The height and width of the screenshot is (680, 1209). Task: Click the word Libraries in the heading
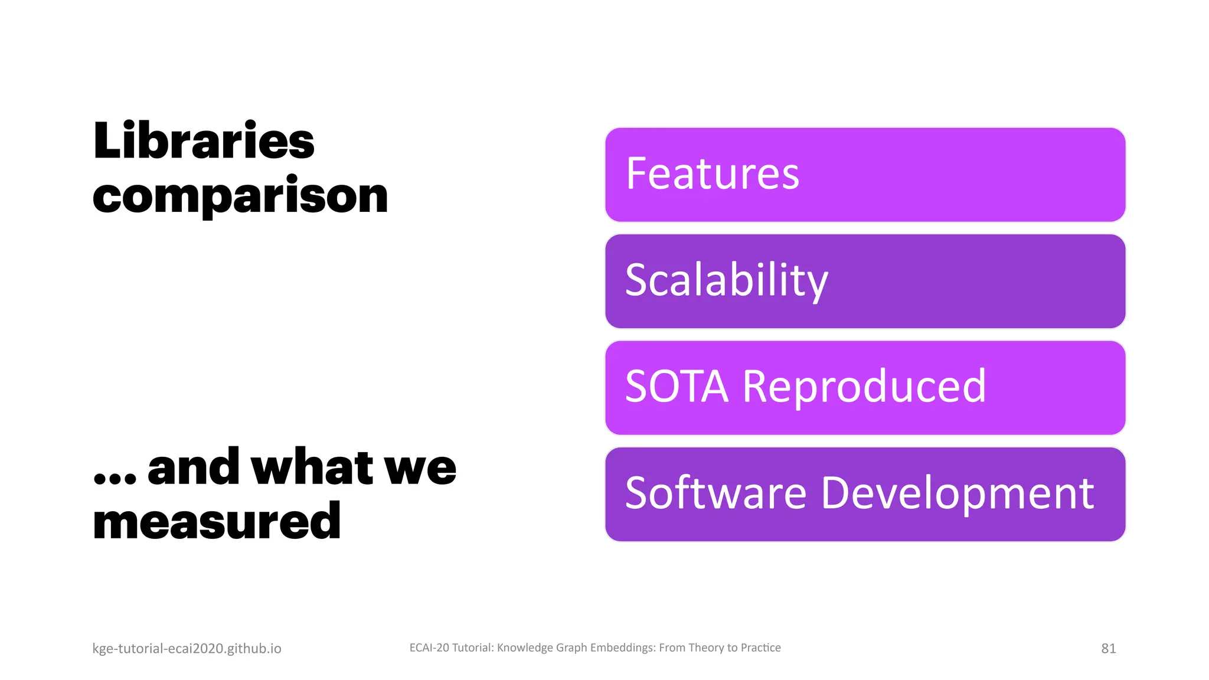coord(204,141)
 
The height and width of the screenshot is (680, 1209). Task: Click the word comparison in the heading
coord(240,195)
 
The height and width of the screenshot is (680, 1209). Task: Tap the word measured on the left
coord(217,521)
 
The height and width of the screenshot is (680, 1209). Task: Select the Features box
coord(865,175)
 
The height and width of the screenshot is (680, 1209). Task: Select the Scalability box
coord(865,281)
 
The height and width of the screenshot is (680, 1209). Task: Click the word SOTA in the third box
coord(677,387)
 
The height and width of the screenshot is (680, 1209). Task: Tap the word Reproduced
coord(864,387)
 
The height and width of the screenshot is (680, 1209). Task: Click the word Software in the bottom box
coord(715,493)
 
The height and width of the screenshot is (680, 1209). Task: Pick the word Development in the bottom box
coord(957,493)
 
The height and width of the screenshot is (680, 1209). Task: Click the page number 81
coord(1108,649)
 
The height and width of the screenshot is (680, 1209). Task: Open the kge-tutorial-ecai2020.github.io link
coord(187,649)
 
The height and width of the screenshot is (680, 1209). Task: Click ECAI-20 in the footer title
coord(429,648)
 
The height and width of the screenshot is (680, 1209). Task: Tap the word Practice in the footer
coord(760,648)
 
